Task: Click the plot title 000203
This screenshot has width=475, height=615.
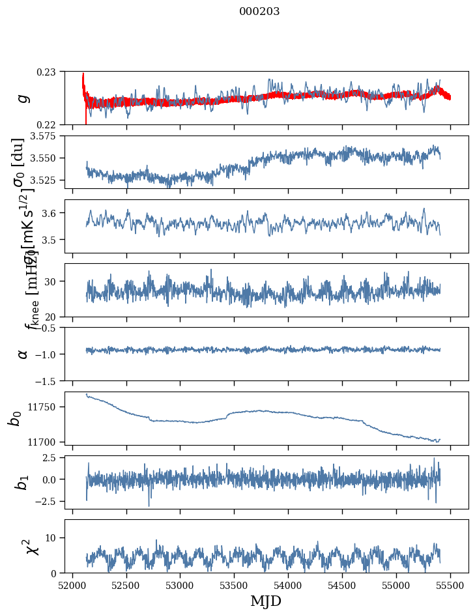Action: [259, 11]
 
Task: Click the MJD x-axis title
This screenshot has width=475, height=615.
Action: [266, 601]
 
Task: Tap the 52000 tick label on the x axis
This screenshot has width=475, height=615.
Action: [72, 585]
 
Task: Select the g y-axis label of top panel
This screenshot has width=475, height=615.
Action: [23, 98]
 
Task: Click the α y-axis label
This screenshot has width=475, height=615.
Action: [23, 353]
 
